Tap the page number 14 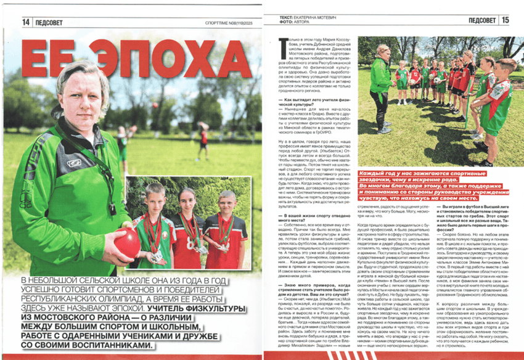point(26,22)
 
